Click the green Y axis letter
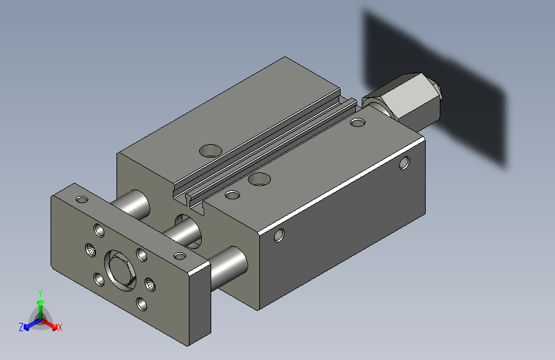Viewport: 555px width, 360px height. [40, 293]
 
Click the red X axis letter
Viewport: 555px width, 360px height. [60, 327]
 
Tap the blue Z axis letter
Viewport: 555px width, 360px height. [21, 327]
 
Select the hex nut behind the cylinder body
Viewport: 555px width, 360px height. [403, 99]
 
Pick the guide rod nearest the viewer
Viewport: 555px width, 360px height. [229, 268]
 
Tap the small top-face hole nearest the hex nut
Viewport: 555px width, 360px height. [358, 122]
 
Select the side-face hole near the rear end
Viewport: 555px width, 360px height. [405, 163]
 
